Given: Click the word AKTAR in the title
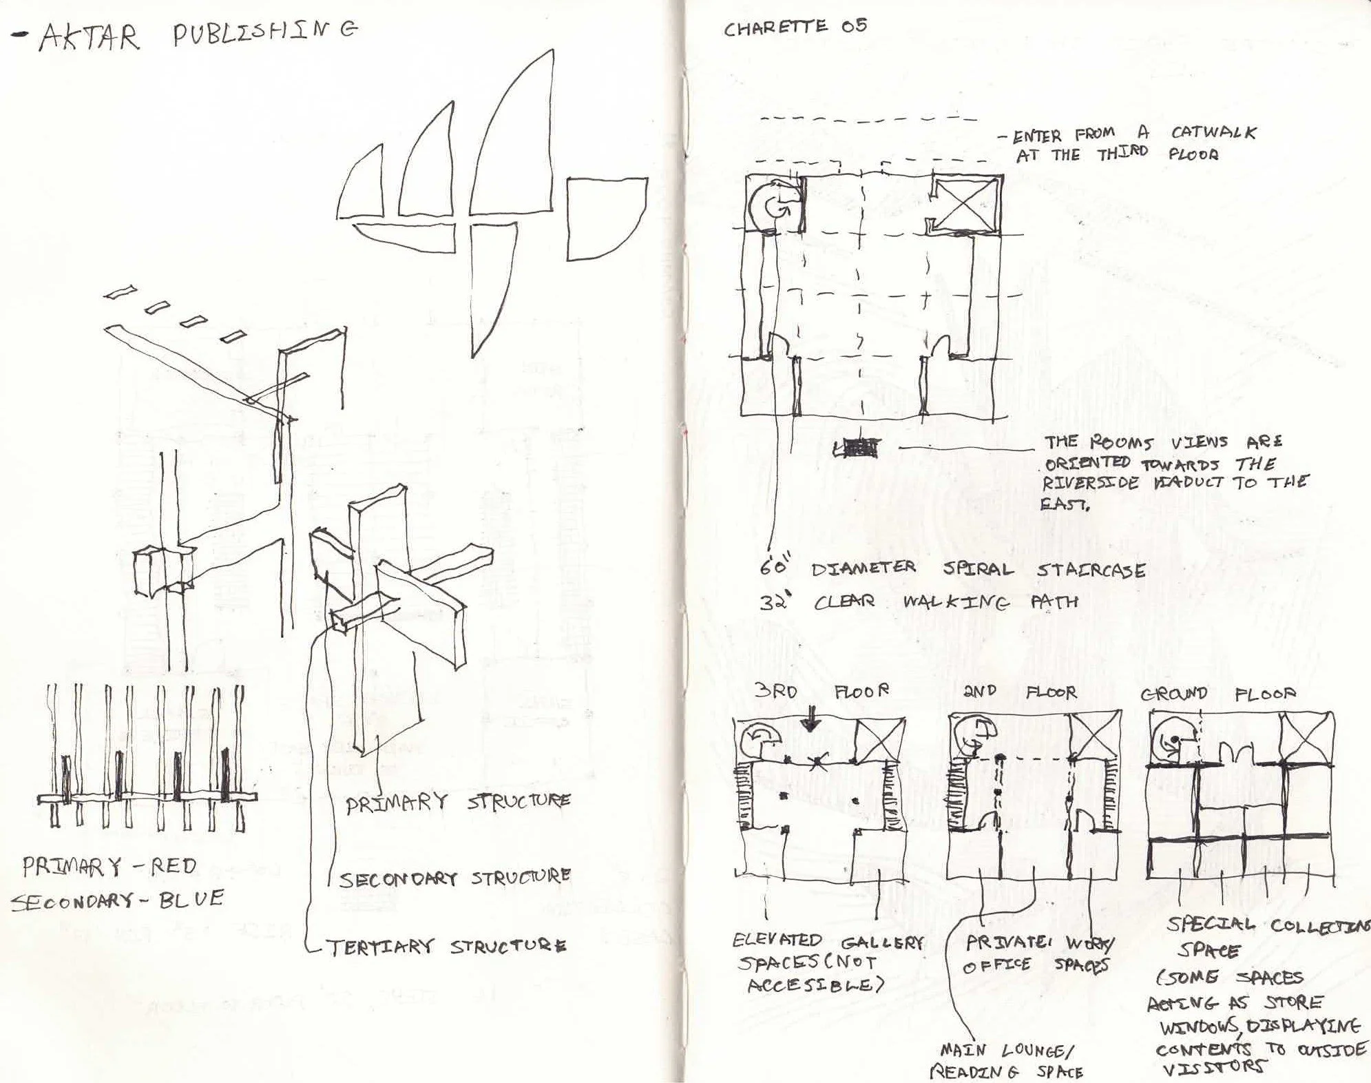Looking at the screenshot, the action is coord(88,38).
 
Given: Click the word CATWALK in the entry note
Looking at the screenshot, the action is coord(1213,133).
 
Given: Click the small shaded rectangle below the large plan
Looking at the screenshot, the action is coord(857,448).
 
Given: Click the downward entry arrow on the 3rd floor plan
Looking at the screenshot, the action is coord(810,721).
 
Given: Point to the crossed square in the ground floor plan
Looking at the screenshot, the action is coord(1306,739).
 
